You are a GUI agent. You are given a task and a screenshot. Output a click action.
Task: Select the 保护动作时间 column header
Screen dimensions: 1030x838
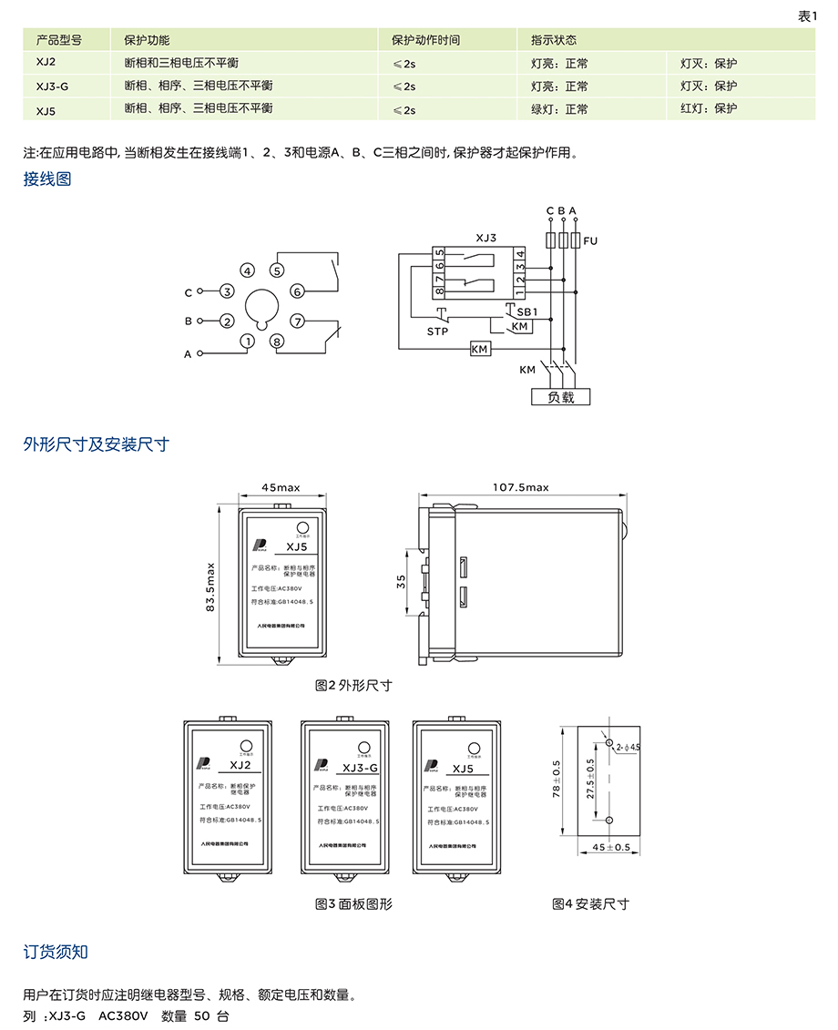[425, 41]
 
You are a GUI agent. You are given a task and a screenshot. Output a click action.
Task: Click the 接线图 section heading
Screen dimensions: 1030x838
[46, 179]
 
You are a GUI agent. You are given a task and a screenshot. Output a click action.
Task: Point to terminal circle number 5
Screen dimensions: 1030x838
[278, 270]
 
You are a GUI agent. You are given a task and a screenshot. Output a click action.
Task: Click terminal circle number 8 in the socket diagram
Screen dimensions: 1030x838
[278, 342]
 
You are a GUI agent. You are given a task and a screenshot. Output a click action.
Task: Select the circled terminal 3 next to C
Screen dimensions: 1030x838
[227, 291]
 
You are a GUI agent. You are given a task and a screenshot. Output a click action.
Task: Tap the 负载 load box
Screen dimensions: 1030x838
[561, 397]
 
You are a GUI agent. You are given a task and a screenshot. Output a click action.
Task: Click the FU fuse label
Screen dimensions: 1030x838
[591, 241]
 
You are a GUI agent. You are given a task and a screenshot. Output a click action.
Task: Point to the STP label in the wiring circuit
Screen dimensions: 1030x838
[438, 331]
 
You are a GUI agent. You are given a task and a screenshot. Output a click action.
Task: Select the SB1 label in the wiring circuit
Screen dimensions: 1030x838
[528, 311]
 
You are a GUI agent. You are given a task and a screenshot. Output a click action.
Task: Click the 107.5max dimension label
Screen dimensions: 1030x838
[521, 487]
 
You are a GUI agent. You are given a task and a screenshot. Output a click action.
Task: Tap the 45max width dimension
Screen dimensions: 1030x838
[281, 487]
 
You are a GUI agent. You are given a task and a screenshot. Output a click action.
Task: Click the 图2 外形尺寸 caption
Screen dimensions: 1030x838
[353, 685]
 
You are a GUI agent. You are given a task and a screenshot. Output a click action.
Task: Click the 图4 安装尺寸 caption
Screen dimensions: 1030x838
[590, 904]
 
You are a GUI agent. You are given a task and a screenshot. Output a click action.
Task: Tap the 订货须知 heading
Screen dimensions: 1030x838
[56, 953]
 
